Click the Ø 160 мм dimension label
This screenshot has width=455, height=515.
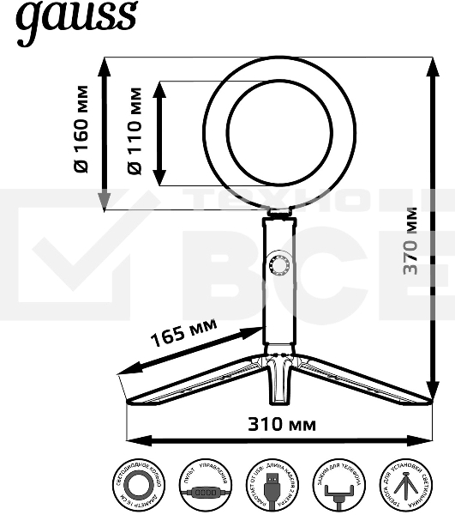click(x=81, y=129)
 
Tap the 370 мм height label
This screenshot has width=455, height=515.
click(x=411, y=240)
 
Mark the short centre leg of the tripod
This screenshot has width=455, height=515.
click(x=278, y=382)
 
